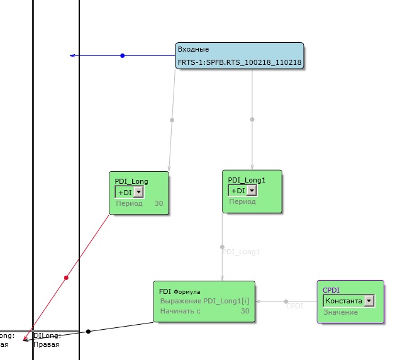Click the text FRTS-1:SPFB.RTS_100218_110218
[x=240, y=62]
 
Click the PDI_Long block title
[x=131, y=181]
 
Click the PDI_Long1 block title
[x=247, y=179]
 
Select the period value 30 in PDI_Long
[x=158, y=204]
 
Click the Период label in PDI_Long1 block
[x=242, y=202]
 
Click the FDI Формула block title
[x=179, y=291]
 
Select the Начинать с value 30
[x=245, y=311]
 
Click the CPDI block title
[x=331, y=290]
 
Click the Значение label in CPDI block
[x=340, y=312]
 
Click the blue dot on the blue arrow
[x=123, y=56]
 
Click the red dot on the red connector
[x=66, y=277]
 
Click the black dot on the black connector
[x=88, y=331]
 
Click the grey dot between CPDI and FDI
[x=286, y=301]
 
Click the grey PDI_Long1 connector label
[x=242, y=252]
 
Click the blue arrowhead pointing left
[x=73, y=56]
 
